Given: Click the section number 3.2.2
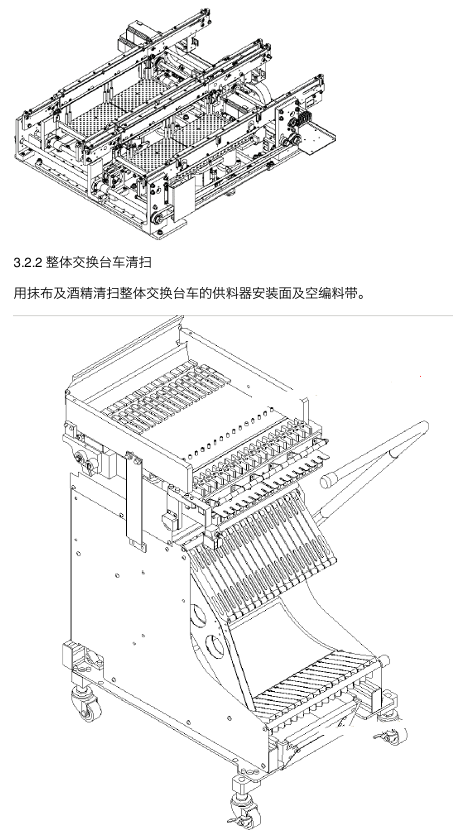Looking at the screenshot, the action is coord(28,263).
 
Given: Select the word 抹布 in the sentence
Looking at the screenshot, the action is coord(40,293).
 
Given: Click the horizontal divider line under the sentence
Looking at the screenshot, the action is coord(233,316).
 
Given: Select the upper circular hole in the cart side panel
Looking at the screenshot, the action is coord(198,616).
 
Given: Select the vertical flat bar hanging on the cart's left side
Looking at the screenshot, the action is coord(135,502).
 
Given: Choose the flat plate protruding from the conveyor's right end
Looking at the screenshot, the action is coord(318,137).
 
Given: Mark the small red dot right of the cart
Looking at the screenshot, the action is coord(421,377).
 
